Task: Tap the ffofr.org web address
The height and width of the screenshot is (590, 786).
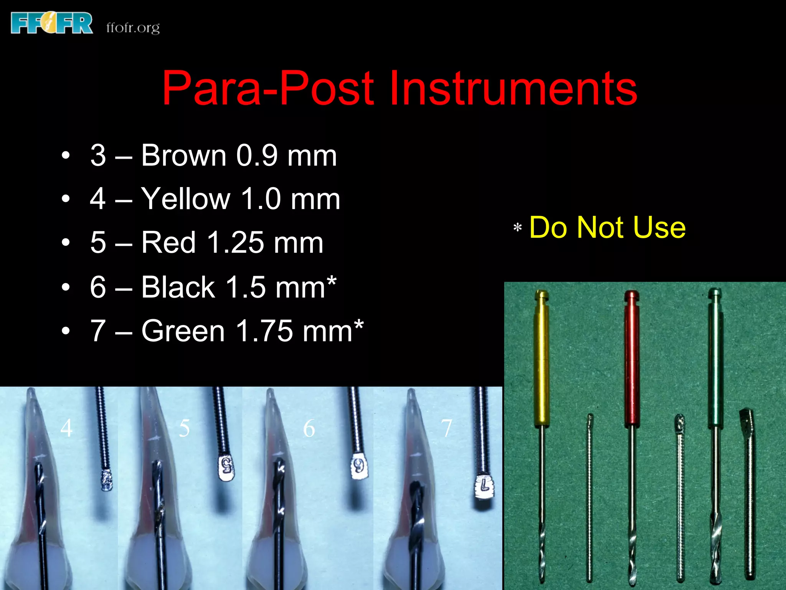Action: click(133, 28)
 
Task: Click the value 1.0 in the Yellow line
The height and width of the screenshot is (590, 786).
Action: click(261, 199)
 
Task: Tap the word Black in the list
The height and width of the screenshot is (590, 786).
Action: click(178, 287)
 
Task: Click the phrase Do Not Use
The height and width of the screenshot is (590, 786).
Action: click(607, 227)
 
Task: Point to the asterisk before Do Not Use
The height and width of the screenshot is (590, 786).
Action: click(517, 228)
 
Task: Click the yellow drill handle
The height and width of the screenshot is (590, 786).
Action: click(541, 357)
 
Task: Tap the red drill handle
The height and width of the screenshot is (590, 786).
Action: click(631, 357)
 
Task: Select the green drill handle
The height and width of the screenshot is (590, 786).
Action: click(715, 357)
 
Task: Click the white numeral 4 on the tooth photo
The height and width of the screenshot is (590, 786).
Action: click(66, 428)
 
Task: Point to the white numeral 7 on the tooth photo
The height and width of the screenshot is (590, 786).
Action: click(446, 428)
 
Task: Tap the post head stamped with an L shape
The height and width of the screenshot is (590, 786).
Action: click(484, 487)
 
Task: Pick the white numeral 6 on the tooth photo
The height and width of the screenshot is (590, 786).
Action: click(309, 428)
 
